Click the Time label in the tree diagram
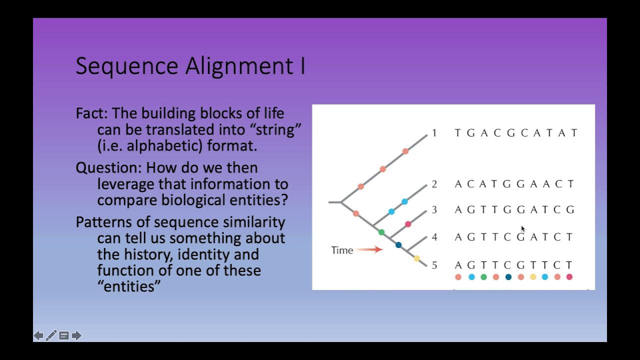342,250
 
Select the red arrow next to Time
370,249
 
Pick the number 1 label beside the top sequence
434,133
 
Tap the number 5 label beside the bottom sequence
434,265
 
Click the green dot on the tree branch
381,232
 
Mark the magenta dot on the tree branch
408,224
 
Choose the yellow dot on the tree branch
416,258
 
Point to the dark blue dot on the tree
398,245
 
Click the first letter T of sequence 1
457,133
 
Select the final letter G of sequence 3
570,210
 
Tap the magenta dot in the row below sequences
569,277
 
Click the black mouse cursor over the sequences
523,229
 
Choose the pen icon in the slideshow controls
51,335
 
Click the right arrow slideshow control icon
76,335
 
